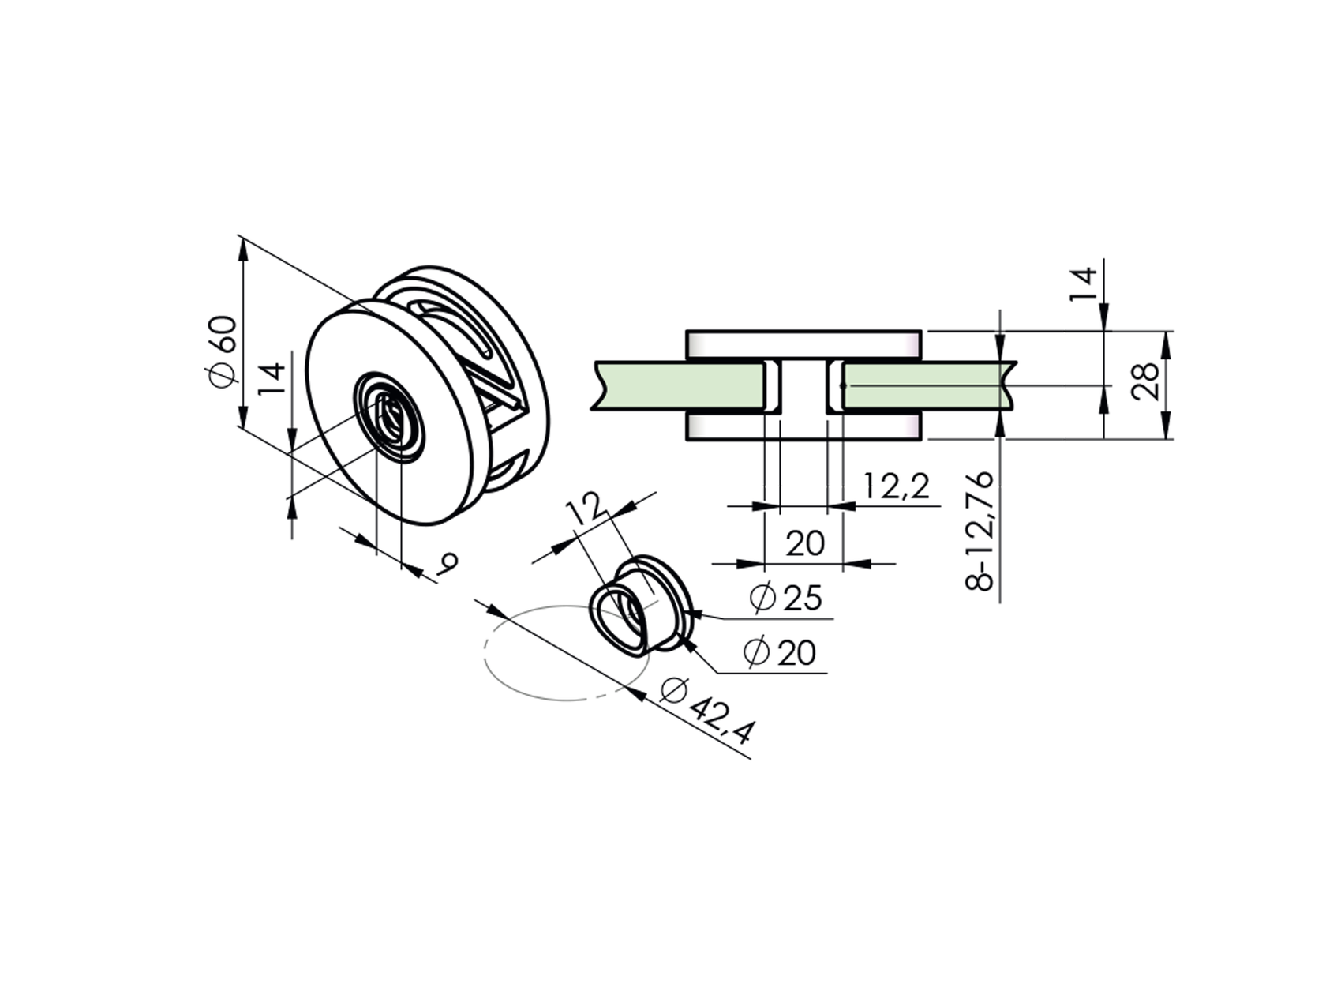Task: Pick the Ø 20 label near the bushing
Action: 780,653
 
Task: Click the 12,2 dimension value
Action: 895,487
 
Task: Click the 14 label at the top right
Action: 1083,284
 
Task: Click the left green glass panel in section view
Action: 679,386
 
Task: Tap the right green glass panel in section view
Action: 923,386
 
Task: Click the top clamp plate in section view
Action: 803,344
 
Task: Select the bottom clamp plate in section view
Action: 803,427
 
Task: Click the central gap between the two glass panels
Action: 803,387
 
